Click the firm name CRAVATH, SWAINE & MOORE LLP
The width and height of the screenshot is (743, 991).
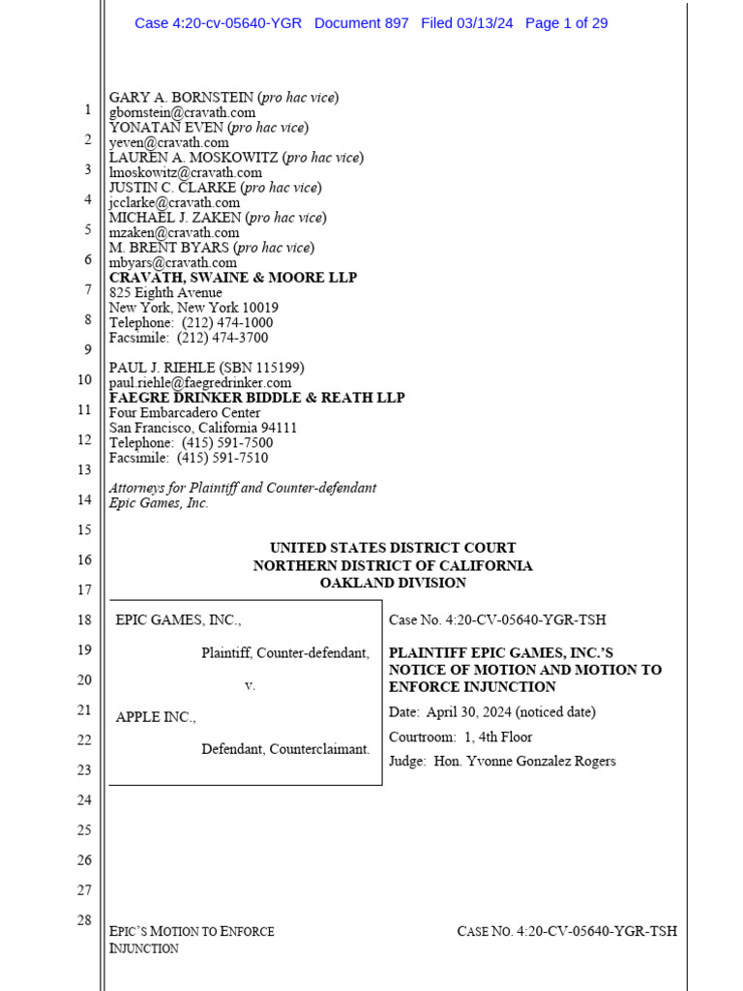pos(233,278)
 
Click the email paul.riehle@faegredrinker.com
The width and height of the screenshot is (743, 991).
pos(200,383)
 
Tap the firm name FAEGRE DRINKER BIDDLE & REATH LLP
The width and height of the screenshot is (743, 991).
pos(256,398)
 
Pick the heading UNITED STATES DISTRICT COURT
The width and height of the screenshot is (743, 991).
pos(393,548)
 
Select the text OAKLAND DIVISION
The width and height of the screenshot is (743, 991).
pos(393,583)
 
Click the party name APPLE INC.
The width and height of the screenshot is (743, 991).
pos(155,717)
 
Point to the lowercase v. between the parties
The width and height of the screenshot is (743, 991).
pos(250,685)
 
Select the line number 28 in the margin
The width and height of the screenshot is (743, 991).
pos(84,919)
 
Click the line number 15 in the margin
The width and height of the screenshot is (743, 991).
pos(84,529)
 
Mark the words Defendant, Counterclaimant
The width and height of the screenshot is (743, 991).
pos(285,749)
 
